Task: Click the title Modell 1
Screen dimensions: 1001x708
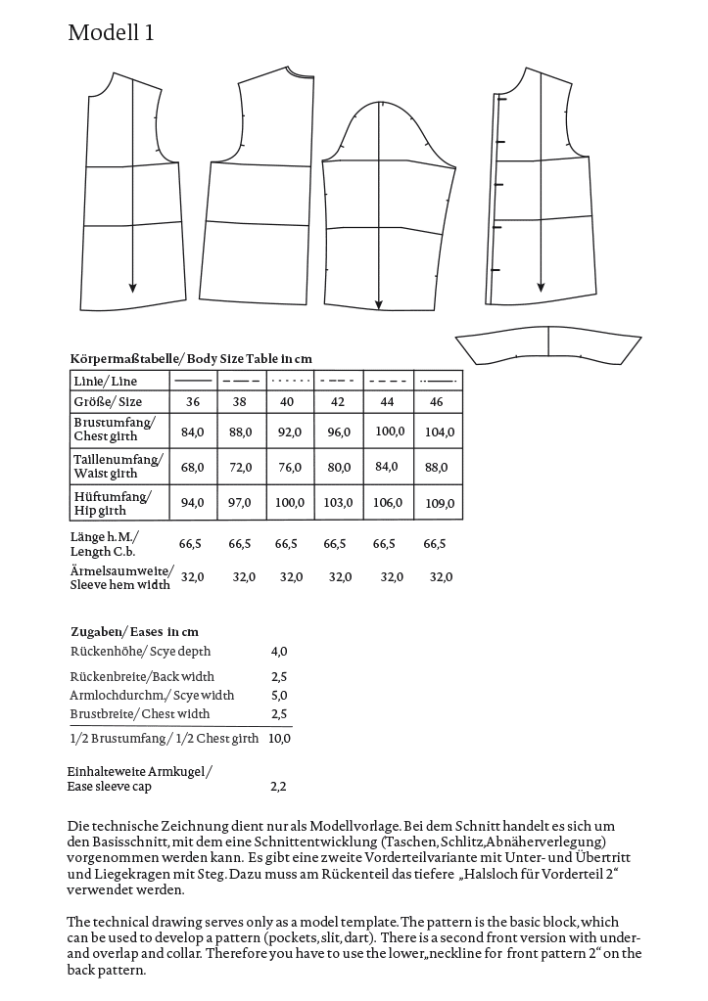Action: (111, 33)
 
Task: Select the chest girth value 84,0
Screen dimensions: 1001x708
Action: (193, 431)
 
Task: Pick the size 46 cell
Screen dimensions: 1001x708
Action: (436, 402)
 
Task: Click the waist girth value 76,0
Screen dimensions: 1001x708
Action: (290, 467)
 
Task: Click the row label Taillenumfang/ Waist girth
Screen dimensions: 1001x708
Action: (118, 465)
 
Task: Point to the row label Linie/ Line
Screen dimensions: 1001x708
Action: (106, 381)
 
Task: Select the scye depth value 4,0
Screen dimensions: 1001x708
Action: (279, 651)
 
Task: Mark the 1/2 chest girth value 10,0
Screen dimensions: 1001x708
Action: (279, 739)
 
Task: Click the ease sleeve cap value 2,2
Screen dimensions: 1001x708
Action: (279, 786)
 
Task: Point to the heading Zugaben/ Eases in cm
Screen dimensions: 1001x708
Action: (134, 632)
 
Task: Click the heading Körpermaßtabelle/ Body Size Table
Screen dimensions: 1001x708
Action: (191, 359)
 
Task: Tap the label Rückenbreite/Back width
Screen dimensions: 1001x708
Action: (142, 676)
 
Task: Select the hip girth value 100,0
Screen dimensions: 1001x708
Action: (290, 503)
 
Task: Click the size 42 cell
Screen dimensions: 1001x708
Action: (338, 402)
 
